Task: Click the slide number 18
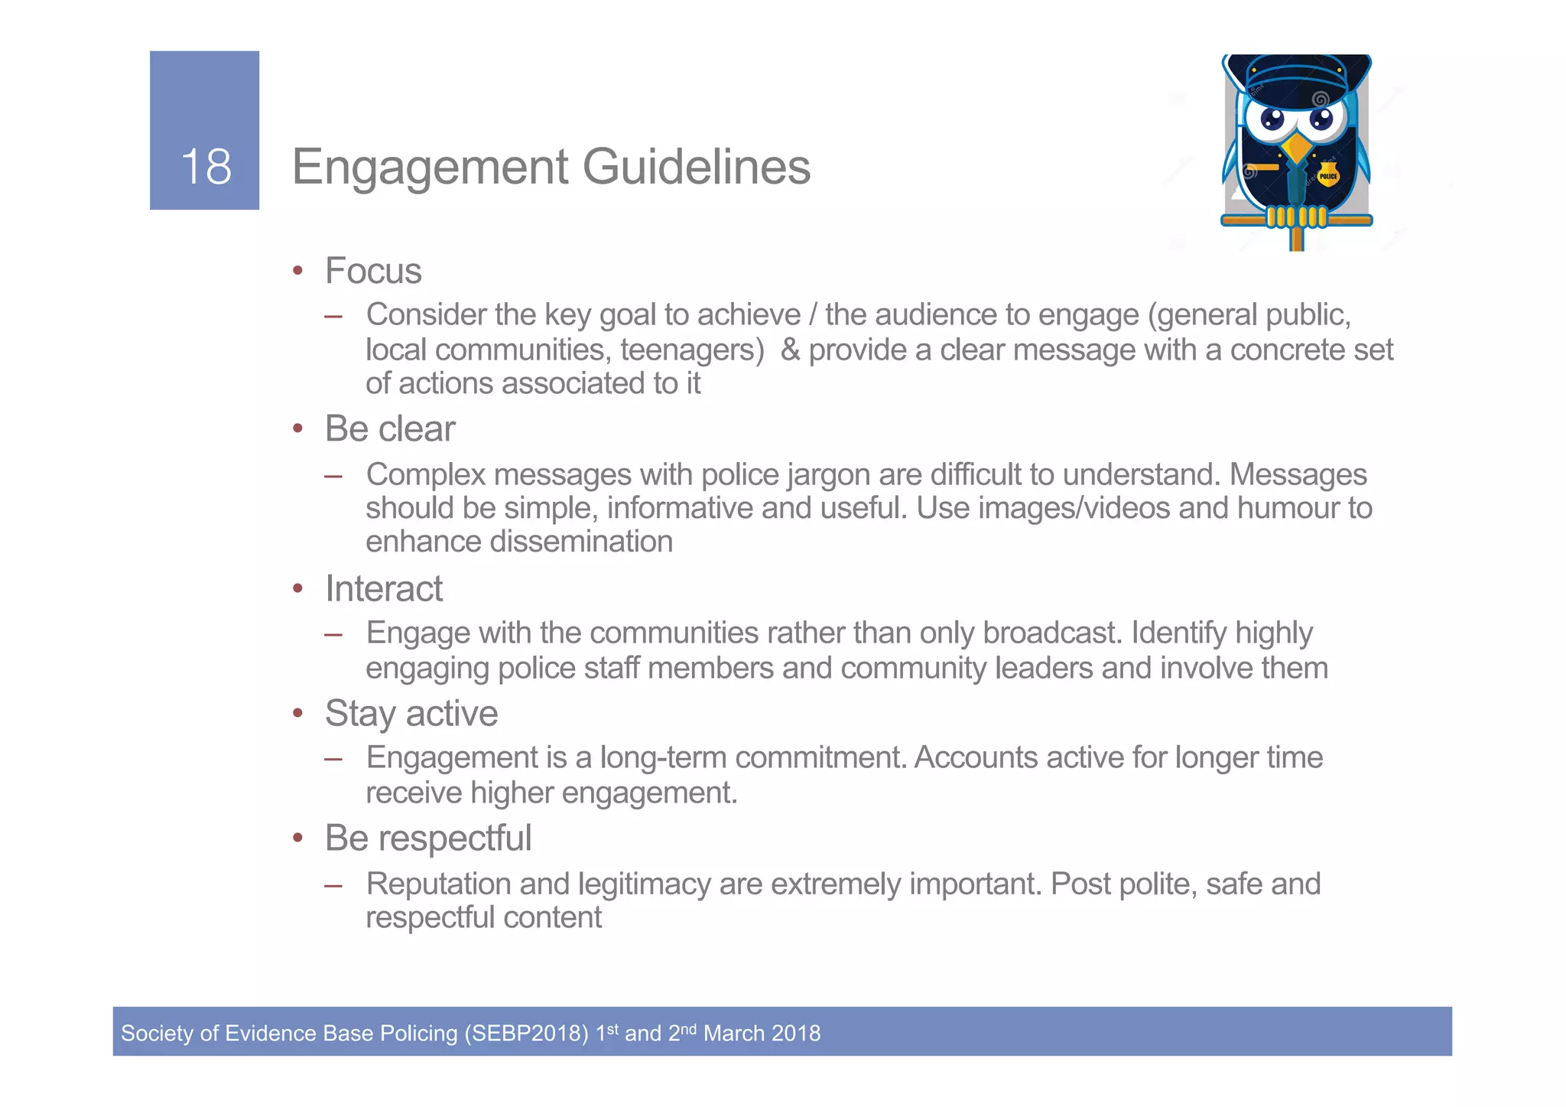pyautogui.click(x=206, y=166)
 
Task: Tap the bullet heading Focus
pyautogui.click(x=373, y=271)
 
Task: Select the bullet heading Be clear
pyautogui.click(x=390, y=428)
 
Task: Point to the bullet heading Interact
pyautogui.click(x=384, y=588)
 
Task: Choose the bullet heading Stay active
pyautogui.click(x=411, y=713)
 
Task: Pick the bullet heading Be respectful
pyautogui.click(x=428, y=838)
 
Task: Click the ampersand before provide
pyautogui.click(x=791, y=350)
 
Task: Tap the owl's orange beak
pyautogui.click(x=1297, y=146)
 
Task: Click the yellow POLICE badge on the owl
pyautogui.click(x=1328, y=176)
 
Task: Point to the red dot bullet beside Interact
pyautogui.click(x=298, y=588)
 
